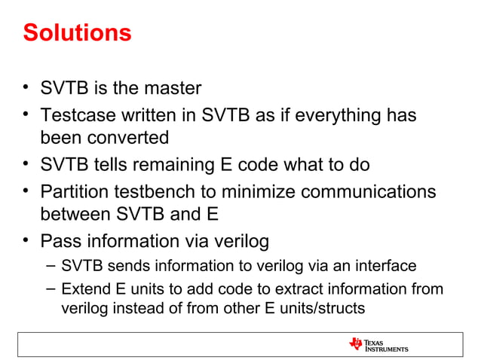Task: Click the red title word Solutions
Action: click(x=77, y=33)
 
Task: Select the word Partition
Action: click(x=74, y=191)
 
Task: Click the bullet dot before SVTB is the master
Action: click(x=26, y=89)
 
